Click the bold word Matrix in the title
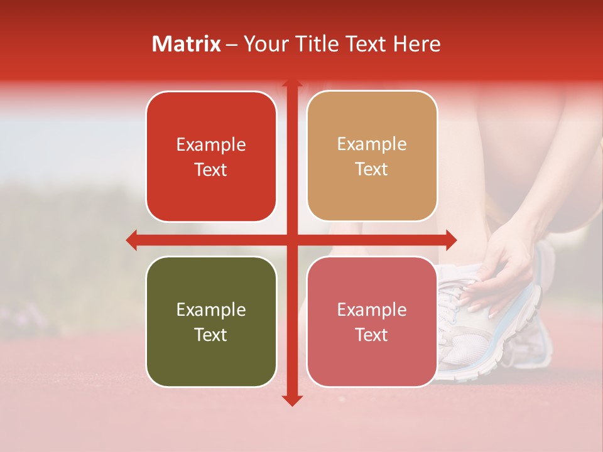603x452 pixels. coord(187,44)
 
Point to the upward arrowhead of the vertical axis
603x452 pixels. coord(292,83)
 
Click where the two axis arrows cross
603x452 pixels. coord(292,240)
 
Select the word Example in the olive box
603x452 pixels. coord(211,309)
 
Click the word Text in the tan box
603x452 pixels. coord(372,169)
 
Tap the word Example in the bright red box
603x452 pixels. coord(211,145)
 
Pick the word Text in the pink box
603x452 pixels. coord(372,335)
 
